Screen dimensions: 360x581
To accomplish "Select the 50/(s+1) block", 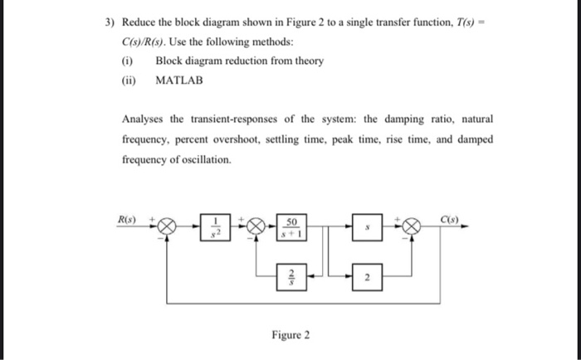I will click(290, 225).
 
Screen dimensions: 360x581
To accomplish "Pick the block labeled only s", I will click(368, 225).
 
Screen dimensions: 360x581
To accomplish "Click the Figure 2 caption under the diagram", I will click(290, 335).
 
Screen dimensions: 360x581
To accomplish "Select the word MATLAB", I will click(179, 80).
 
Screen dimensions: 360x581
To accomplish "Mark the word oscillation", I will click(203, 158).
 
